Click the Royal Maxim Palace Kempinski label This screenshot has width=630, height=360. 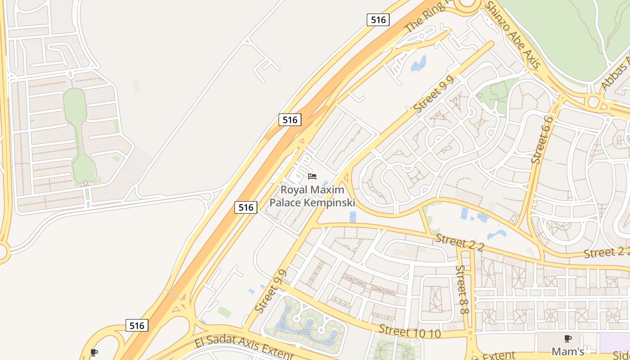click(312, 196)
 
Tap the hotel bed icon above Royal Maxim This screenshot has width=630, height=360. click(312, 176)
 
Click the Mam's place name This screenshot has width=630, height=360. click(568, 351)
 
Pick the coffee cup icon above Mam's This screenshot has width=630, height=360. click(568, 338)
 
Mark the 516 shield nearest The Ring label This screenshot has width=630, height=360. click(378, 20)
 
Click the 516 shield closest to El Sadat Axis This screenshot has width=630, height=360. click(136, 325)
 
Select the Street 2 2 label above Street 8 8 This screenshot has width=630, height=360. click(459, 243)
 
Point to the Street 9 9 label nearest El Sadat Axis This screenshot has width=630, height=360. click(271, 292)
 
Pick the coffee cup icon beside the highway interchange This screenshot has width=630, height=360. click(94, 352)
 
